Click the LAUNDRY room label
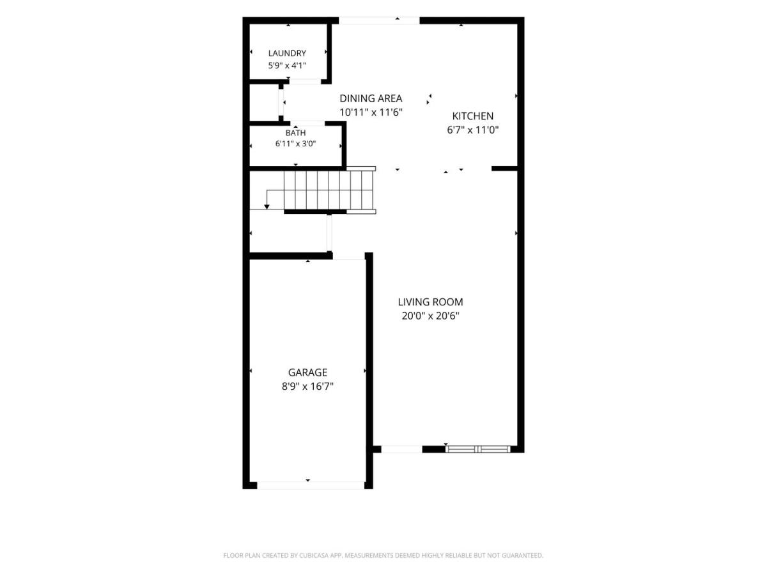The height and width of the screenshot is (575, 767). pos(287,54)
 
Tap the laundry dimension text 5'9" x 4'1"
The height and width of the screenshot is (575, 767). pos(287,66)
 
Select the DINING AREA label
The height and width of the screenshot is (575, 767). pos(371,98)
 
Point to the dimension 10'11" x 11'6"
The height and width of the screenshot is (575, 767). pos(371,112)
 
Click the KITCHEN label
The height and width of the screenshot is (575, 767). pos(473,116)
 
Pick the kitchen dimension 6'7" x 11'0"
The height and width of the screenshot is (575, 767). pos(473,130)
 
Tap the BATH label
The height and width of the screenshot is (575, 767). pos(296,133)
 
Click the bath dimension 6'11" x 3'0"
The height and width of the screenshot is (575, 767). pos(296,144)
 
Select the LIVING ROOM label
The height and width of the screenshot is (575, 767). pos(431,302)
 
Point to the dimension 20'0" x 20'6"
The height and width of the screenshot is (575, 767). pos(431,316)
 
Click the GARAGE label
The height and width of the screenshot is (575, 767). pos(307,372)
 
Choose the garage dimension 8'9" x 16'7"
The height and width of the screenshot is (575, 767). pos(307,387)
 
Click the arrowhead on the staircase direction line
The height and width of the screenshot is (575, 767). pos(267,207)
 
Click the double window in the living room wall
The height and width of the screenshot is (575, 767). pos(478,449)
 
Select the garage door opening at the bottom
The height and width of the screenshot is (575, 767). pos(311,486)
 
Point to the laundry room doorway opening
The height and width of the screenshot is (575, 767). pos(305,82)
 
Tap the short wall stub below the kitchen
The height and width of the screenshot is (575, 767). pos(504,169)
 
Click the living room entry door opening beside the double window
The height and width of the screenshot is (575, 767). pos(401,449)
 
